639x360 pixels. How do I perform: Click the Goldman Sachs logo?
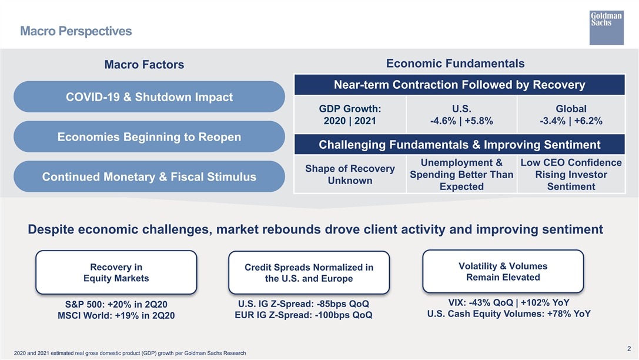(x=606, y=26)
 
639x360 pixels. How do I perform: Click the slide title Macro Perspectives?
(x=76, y=31)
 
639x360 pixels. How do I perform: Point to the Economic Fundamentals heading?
(x=455, y=64)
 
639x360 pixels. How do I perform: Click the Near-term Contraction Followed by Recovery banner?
(x=459, y=85)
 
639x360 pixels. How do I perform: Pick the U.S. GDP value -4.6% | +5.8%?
(x=461, y=121)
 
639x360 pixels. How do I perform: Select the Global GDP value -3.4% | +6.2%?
(x=571, y=121)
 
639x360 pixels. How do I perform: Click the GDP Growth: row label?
(x=350, y=115)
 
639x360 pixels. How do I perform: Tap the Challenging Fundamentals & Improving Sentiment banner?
(x=459, y=145)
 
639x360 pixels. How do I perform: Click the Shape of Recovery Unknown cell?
(x=350, y=175)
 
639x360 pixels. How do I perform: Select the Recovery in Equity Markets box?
(x=116, y=272)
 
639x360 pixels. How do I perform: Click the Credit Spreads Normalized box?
(x=309, y=273)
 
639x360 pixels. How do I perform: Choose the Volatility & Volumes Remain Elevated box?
(x=503, y=272)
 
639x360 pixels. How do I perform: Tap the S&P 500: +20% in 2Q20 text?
(x=116, y=304)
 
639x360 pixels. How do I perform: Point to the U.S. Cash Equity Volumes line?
(x=508, y=314)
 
